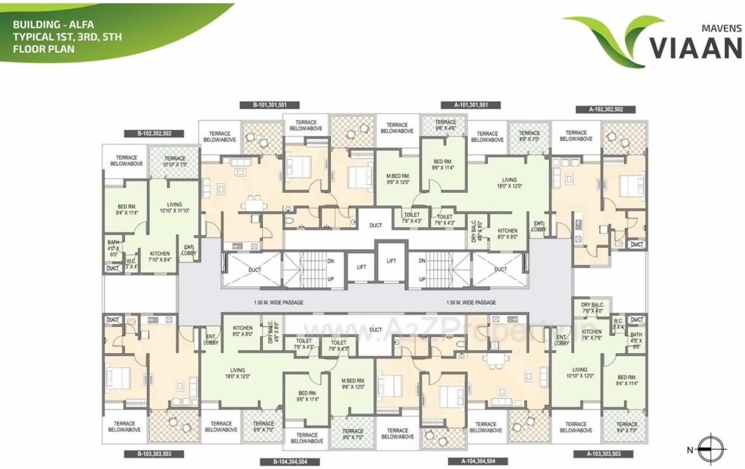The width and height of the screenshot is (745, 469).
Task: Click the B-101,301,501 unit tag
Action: pos(269,105)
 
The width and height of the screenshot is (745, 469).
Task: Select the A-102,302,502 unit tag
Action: pos(605,109)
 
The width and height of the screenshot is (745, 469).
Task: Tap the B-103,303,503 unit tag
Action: pos(155,454)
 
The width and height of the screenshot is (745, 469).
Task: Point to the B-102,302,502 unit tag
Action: pos(155,133)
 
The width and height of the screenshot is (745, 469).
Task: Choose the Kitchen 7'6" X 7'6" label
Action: pos(592,334)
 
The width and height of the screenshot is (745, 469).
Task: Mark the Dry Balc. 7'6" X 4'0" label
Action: pos(592,308)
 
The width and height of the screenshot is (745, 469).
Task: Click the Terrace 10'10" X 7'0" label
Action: pos(174,161)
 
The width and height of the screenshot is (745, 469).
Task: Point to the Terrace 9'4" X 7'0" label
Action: pos(626,427)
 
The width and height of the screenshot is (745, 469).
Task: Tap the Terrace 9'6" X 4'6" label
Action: pos(446,125)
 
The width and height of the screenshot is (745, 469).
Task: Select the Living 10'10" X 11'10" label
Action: pos(174,208)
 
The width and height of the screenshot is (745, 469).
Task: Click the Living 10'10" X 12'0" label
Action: pos(579,373)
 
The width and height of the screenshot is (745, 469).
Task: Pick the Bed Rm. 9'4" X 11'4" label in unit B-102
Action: pos(127,210)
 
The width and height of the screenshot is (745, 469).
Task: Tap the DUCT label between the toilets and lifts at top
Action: pos(376,225)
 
